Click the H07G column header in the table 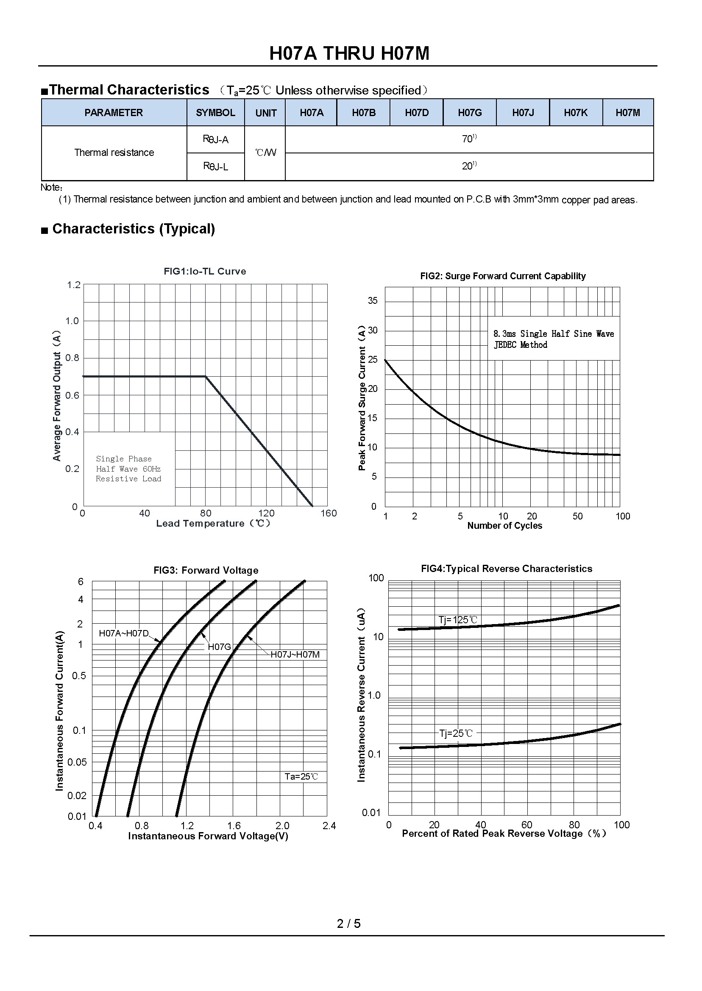(469, 113)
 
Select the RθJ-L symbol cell (215, 167)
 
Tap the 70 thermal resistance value (468, 139)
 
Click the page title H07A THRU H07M (349, 53)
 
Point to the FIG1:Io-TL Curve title (204, 271)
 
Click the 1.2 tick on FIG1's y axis (73, 285)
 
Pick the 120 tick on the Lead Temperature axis (266, 513)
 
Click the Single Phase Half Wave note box (128, 469)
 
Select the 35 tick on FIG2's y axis (373, 301)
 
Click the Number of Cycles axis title (504, 526)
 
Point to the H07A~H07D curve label (124, 633)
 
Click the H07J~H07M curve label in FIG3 (295, 655)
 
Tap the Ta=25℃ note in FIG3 (301, 776)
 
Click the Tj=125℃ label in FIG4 (458, 620)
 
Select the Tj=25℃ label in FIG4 (456, 733)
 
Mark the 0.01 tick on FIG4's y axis (371, 813)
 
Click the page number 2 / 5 (349, 924)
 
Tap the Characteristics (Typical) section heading (133, 228)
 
